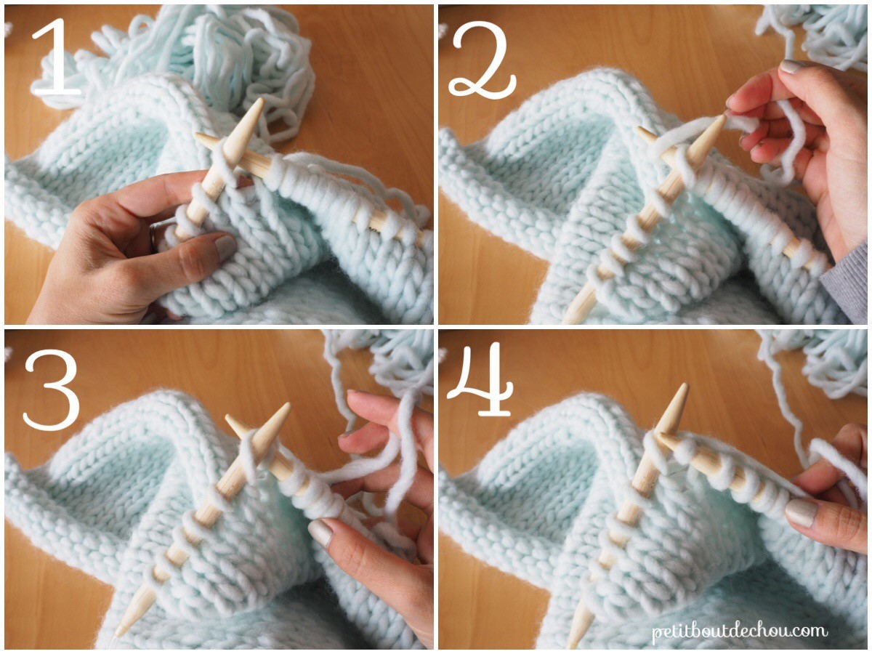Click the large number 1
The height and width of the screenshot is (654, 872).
tap(57, 58)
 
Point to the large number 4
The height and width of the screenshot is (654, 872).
tap(480, 378)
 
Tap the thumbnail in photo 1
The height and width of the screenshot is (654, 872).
tap(222, 247)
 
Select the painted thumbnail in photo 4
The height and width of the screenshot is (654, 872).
tap(801, 512)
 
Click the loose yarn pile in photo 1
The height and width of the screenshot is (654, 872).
tap(240, 58)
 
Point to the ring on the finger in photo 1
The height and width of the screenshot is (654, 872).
tap(155, 236)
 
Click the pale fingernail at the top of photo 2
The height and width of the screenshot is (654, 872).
tap(790, 67)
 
